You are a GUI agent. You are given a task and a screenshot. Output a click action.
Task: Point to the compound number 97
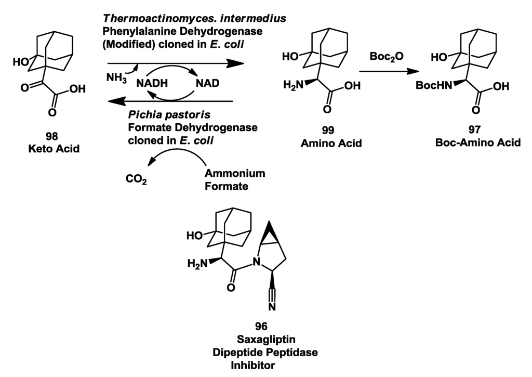pos(477,131)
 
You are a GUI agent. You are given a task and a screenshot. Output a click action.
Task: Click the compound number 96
pos(261,326)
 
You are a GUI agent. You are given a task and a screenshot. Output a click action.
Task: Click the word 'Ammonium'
pos(235,173)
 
